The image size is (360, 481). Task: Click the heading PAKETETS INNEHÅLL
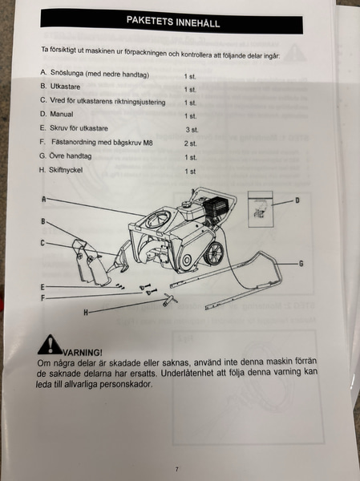(173, 22)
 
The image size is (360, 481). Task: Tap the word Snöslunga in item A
(67, 73)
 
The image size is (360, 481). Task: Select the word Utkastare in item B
(65, 87)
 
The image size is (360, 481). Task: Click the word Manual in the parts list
(62, 114)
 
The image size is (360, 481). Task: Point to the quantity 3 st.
(192, 130)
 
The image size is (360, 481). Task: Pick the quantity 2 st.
(190, 143)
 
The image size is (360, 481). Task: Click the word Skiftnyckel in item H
(66, 170)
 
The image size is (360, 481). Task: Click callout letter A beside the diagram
(43, 200)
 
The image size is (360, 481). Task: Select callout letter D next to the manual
(297, 200)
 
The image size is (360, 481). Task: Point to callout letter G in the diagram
(301, 264)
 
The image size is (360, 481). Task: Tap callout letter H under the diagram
(86, 313)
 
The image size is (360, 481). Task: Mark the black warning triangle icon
(50, 344)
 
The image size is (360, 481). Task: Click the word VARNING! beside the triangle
(83, 353)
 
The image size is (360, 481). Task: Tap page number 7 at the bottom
(176, 469)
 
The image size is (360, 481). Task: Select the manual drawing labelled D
(260, 209)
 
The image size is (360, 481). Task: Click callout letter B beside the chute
(43, 221)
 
